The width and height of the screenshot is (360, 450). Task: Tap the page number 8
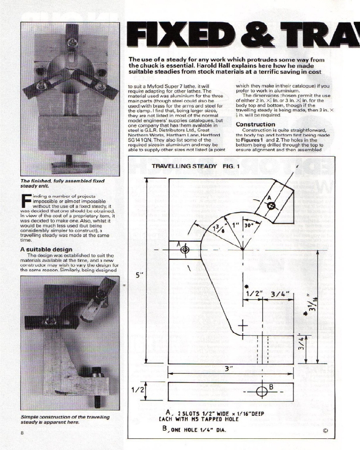22,432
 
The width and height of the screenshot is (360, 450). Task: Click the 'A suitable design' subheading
46,249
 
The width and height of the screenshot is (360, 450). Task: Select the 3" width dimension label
229,368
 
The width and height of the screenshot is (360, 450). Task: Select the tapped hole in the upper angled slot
271,206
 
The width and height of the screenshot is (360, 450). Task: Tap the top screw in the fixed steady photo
72,43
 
